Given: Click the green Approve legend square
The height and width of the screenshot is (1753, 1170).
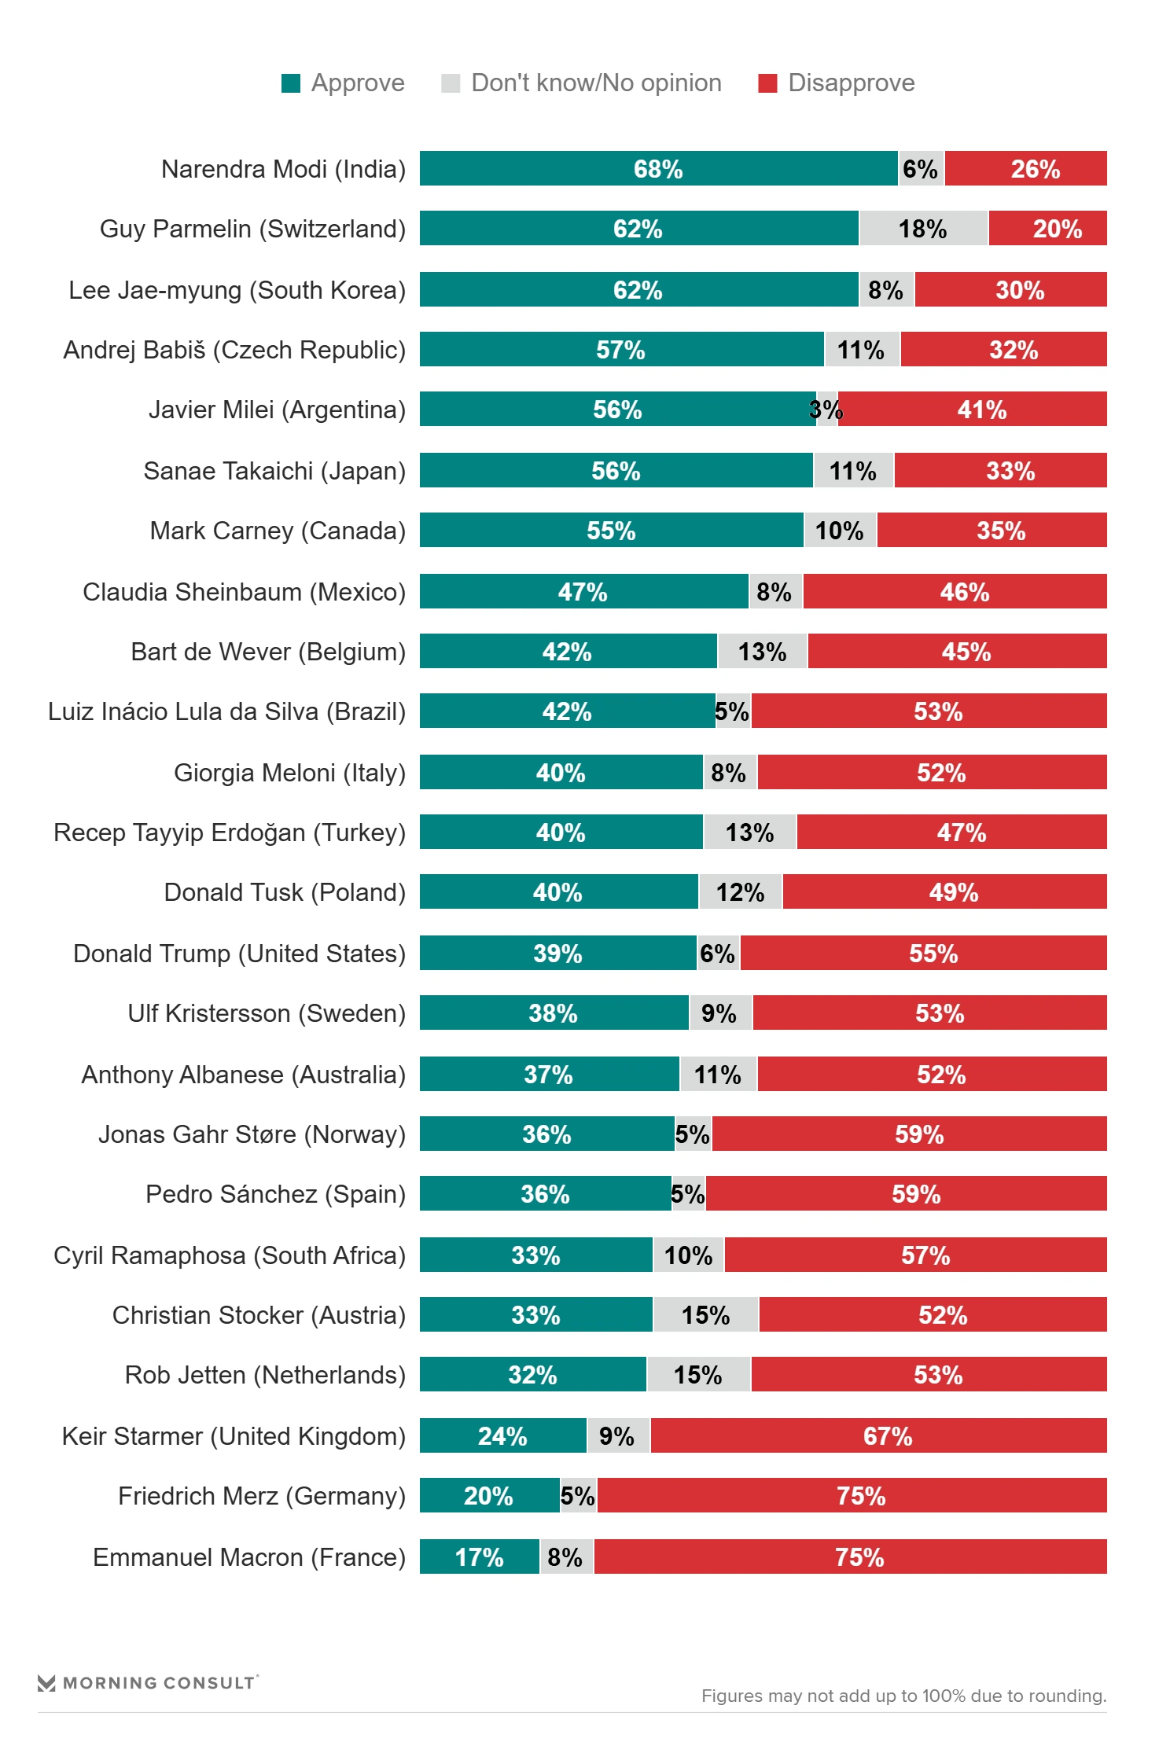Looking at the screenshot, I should (291, 83).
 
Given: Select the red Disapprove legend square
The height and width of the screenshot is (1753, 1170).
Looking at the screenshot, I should (767, 83).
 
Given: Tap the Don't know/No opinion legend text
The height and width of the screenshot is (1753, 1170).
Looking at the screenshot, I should (596, 83).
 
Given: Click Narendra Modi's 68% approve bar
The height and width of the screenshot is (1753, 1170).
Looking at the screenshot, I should (658, 169).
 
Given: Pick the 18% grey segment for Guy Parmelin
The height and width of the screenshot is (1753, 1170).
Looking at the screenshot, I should (923, 229).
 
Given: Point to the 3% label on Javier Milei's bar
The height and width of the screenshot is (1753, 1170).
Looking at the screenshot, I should (826, 410).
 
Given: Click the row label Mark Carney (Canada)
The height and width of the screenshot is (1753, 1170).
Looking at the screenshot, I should (278, 531).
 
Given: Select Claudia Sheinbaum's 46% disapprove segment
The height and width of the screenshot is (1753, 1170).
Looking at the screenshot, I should (964, 592).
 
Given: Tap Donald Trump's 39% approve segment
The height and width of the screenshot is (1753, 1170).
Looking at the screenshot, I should (557, 954).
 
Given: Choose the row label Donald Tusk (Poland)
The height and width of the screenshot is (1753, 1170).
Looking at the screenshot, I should (285, 892).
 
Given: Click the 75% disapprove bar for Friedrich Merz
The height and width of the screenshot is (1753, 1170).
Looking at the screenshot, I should (860, 1496).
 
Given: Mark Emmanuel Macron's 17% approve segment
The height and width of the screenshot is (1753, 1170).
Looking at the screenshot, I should (479, 1557).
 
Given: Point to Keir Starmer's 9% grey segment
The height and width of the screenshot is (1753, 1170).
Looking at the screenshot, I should (617, 1436).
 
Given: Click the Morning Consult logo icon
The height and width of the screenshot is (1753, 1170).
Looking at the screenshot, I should (46, 1683).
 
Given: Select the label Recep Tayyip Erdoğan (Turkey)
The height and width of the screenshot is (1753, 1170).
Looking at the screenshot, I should (229, 832).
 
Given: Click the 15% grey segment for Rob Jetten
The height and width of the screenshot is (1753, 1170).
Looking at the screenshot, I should (698, 1375).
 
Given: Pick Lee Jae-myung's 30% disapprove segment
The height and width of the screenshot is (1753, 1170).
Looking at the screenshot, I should (1019, 290).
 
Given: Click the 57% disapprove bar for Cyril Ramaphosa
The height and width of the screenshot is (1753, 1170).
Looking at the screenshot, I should (925, 1255).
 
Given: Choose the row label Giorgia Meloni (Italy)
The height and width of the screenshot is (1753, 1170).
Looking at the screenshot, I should (289, 773).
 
